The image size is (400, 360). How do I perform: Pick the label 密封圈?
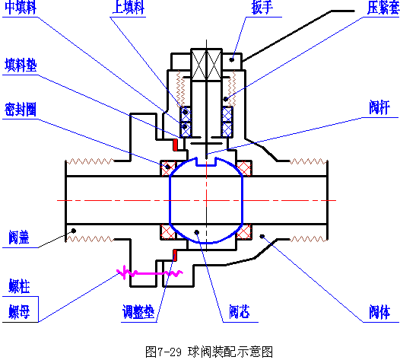click(x=21, y=108)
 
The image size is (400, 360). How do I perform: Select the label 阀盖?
click(x=20, y=237)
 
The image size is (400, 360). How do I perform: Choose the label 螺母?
click(x=19, y=311)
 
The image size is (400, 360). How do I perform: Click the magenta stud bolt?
click(x=148, y=271)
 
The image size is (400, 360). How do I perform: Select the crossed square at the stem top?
click(x=206, y=62)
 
